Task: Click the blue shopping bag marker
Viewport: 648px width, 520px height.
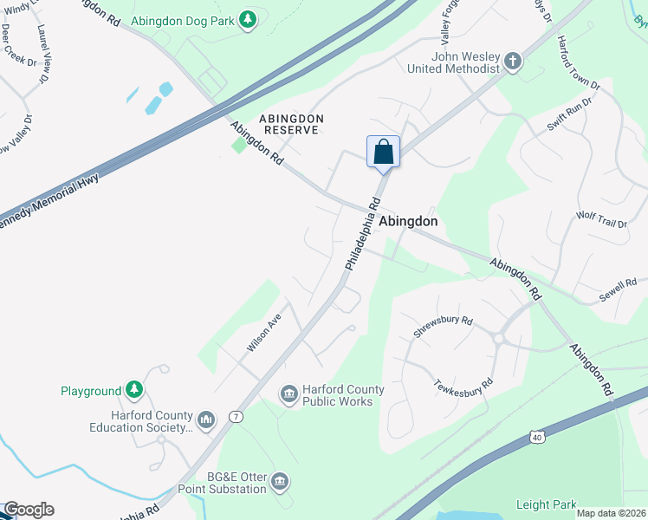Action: point(383,153)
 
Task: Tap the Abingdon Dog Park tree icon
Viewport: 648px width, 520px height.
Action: point(248,19)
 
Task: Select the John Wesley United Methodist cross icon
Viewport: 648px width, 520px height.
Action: point(513,62)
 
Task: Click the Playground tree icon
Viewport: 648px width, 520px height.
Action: point(133,391)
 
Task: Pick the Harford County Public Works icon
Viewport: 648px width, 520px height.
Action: point(288,395)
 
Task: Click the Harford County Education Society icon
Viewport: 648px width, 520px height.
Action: point(205,420)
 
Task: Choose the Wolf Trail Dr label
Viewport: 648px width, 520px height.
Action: point(601,218)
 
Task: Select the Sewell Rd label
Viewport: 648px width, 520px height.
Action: point(618,290)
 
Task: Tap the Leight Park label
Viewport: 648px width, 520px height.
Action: point(546,504)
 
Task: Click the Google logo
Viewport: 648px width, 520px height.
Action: point(29,510)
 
